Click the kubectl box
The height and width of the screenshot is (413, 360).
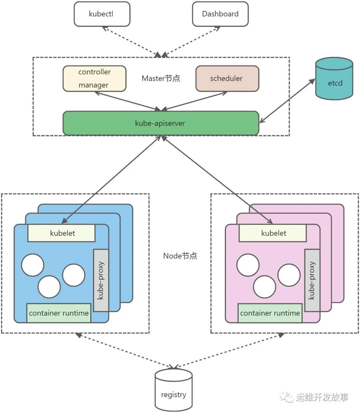(102, 14)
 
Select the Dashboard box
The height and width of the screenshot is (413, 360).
(220, 14)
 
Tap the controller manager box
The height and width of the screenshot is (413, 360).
(94, 78)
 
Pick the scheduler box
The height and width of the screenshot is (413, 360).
(227, 78)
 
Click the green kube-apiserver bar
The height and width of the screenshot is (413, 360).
(160, 123)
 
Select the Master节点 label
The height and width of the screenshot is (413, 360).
(161, 78)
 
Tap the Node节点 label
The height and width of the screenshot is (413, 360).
(180, 256)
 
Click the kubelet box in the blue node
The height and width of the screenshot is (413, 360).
(62, 233)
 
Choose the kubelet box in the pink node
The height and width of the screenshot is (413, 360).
(273, 233)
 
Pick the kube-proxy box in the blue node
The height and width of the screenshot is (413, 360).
(101, 280)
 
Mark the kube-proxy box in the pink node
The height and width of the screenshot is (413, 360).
(312, 280)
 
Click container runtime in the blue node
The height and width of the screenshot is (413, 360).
(59, 313)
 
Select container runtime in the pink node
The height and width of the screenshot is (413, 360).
(270, 313)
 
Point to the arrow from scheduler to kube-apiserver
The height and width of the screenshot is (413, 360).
(195, 101)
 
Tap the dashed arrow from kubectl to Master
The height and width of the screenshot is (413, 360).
(132, 42)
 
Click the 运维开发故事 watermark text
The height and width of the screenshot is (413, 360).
(322, 397)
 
